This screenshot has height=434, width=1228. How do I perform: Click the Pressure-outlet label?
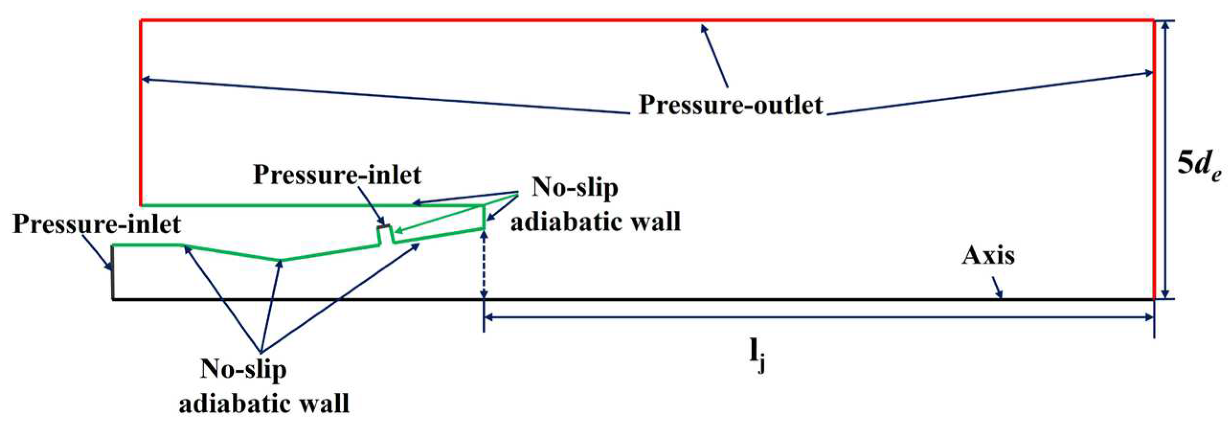click(x=730, y=105)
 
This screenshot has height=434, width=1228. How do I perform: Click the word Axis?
click(x=988, y=256)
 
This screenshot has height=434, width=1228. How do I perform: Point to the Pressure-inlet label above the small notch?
click(x=337, y=175)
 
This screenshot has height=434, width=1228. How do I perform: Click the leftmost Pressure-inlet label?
click(x=97, y=224)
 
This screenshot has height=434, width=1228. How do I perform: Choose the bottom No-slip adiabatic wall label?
click(x=264, y=386)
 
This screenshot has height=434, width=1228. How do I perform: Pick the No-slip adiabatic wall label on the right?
click(x=595, y=205)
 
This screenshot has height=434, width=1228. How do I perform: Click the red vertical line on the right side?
click(x=1154, y=158)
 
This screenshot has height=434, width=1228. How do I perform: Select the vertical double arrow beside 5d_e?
click(x=1166, y=158)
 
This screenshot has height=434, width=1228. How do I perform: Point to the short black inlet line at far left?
click(x=113, y=272)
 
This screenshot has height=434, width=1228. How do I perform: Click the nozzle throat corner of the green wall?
click(x=281, y=260)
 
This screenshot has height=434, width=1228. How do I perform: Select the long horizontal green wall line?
click(x=311, y=205)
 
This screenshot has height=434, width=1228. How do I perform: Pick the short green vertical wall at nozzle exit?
click(x=484, y=217)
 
